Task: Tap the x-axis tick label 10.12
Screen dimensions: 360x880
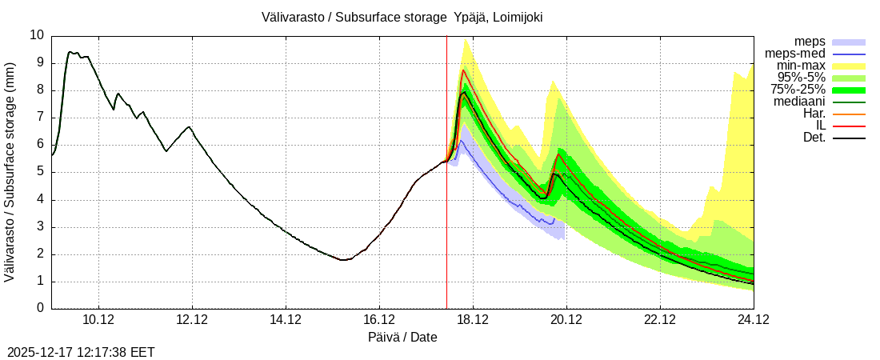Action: coord(98,320)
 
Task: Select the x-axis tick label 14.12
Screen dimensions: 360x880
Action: coord(286,320)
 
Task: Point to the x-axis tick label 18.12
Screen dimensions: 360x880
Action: coord(473,320)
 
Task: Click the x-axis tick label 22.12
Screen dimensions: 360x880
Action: coord(660,320)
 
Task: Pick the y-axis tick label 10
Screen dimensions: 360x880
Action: coord(37,35)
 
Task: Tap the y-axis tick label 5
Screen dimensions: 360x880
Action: coord(41,172)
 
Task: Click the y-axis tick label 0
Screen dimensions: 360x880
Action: coord(41,309)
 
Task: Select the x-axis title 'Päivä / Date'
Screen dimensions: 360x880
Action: coord(402,337)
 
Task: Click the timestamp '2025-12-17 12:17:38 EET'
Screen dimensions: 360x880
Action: coord(81,352)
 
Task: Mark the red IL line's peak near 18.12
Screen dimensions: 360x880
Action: coord(462,70)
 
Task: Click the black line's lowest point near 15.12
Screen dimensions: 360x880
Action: coord(342,260)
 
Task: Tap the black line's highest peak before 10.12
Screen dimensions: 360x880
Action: coord(70,52)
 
